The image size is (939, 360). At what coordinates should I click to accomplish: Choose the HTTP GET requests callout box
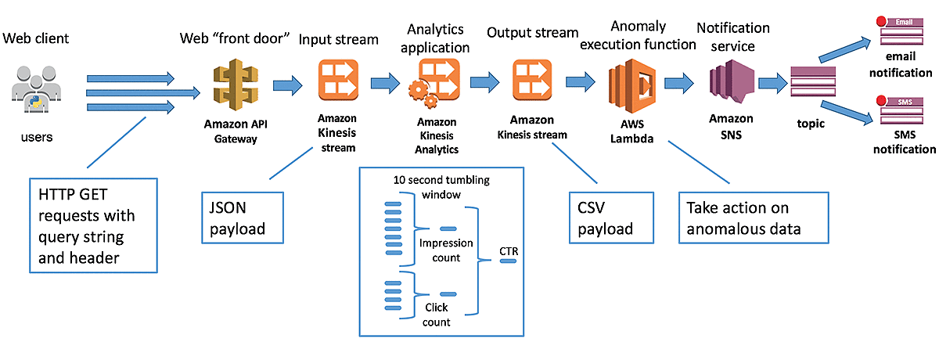coord(92,225)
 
